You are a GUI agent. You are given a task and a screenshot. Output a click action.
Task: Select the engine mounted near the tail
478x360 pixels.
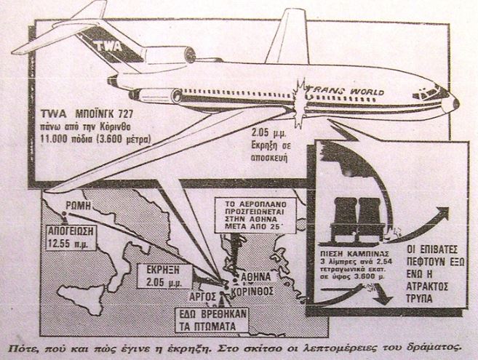tap(169, 57)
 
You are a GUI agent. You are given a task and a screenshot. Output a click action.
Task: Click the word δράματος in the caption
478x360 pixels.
tap(429, 346)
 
